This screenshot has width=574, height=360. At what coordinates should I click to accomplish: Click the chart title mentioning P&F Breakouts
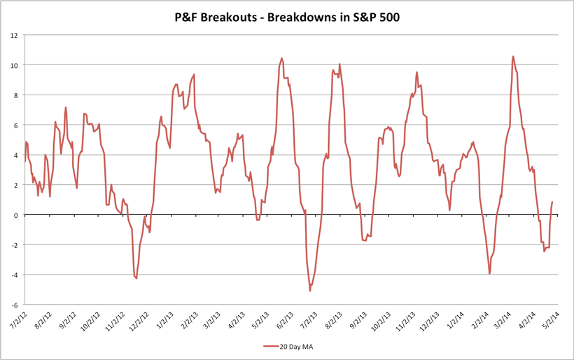(x=287, y=18)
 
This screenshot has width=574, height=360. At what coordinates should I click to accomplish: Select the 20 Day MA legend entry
(x=294, y=346)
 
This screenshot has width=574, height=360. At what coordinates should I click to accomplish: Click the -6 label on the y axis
(x=13, y=305)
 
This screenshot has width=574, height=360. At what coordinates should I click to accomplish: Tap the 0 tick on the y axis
(x=16, y=215)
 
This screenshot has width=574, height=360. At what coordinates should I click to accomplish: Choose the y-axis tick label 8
(x=16, y=95)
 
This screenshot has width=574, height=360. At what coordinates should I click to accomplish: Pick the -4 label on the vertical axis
(x=13, y=275)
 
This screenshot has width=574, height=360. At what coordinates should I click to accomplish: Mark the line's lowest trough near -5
(x=310, y=291)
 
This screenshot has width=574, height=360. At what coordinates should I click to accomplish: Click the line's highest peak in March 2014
(x=513, y=57)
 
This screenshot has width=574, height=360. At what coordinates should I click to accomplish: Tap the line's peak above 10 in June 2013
(x=281, y=59)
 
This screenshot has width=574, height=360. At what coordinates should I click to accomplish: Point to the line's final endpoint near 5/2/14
(x=552, y=202)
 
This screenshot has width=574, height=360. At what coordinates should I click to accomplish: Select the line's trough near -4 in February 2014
(x=489, y=274)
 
